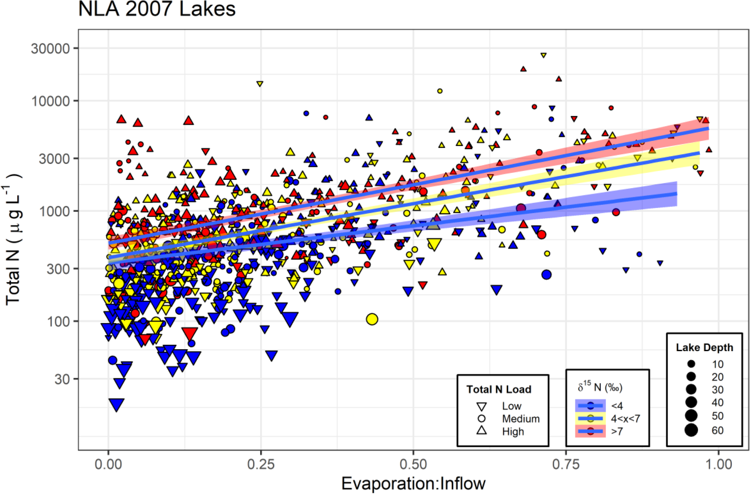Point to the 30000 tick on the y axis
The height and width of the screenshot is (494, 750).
point(50,49)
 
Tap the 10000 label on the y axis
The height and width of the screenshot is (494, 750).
point(50,101)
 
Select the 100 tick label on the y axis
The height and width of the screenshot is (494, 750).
point(58,322)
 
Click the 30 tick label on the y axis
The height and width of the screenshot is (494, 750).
point(62,380)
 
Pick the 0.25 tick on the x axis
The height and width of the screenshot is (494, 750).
point(261,464)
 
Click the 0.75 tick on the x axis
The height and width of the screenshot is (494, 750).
point(566,464)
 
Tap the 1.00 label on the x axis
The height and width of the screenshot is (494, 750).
point(718,464)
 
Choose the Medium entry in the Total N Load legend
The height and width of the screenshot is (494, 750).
point(520,419)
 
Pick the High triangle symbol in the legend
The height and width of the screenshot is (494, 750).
point(482,430)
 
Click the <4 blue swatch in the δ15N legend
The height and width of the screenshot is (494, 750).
point(591,405)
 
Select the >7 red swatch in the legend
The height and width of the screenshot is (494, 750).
point(591,431)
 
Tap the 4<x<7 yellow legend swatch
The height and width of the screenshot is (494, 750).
point(591,418)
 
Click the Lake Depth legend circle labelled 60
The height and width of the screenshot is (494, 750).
point(691,430)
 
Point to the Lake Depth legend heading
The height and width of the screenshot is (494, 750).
point(704,348)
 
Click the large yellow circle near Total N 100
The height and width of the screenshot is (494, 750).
point(372,319)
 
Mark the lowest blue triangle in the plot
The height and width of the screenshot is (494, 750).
point(116,404)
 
